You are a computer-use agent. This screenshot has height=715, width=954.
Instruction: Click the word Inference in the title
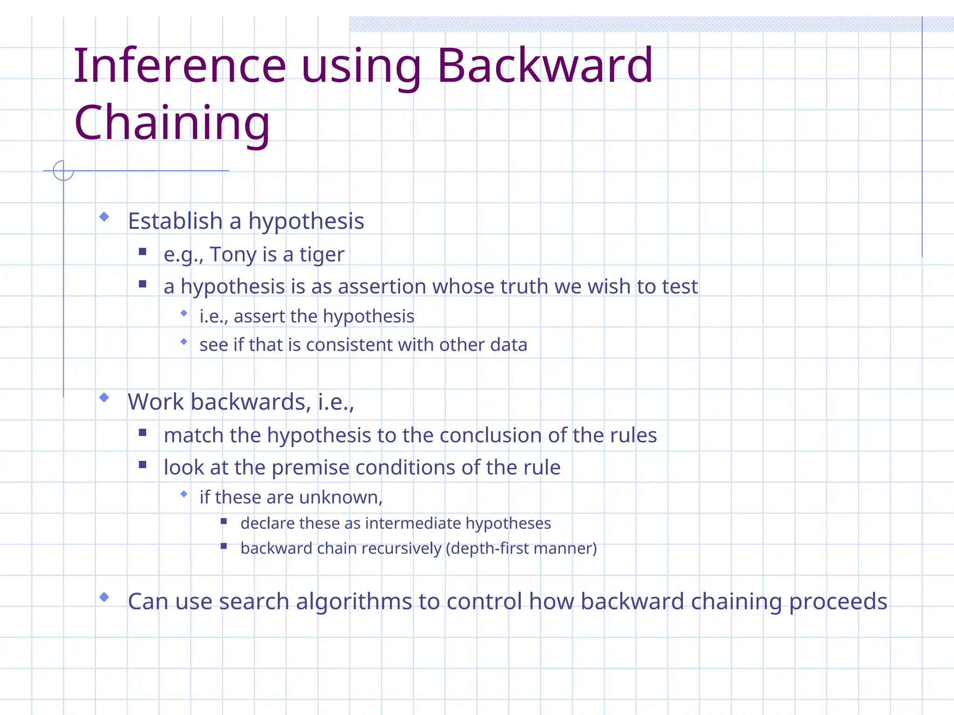179,66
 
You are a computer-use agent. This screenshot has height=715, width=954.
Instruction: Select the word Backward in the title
545,66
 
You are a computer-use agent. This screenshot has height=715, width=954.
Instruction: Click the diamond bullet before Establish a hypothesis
104,216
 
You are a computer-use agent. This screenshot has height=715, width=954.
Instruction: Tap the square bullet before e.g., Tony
143,252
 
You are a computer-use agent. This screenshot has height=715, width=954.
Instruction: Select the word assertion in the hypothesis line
382,287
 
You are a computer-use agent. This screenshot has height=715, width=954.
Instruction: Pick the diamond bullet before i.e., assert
184,313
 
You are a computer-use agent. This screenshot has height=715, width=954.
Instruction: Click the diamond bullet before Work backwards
104,397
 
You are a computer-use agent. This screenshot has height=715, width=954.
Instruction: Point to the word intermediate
413,524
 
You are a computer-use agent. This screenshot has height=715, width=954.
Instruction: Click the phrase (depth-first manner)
521,549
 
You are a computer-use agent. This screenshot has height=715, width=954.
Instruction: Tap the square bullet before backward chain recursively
224,546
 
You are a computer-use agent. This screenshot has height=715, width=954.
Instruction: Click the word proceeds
838,602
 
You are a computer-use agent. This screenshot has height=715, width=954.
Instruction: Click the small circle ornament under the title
63,170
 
